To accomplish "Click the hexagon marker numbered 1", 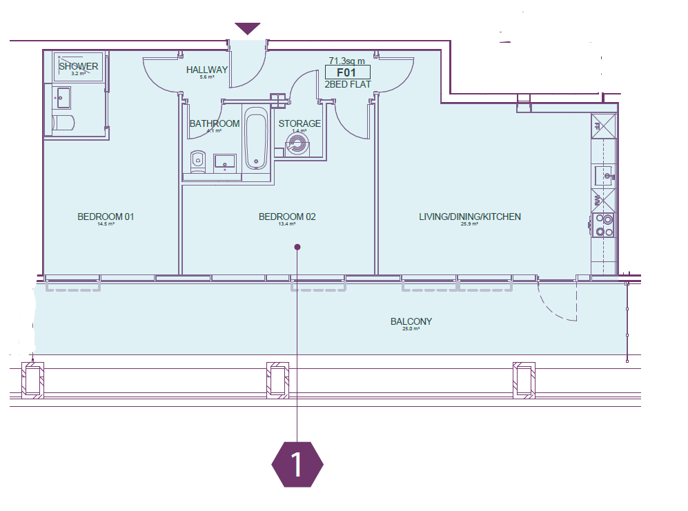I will click(x=297, y=465).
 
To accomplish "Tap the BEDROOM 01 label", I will click(x=106, y=217).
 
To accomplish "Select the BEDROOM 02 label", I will click(x=287, y=217).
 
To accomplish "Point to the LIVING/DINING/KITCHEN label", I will click(x=470, y=217).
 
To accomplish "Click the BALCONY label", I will click(x=411, y=322).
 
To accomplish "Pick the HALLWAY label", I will click(x=207, y=70).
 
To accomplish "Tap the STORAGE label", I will click(x=299, y=124).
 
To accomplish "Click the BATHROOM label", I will click(x=215, y=124).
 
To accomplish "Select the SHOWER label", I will click(x=78, y=67).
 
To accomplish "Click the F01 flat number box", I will click(x=348, y=72).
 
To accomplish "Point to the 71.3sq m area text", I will click(x=347, y=61).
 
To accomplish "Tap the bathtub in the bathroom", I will click(x=256, y=141).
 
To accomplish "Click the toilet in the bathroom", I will click(x=197, y=161).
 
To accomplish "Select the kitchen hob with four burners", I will click(x=604, y=226).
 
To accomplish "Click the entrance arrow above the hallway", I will click(x=247, y=28).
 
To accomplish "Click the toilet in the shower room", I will click(x=63, y=124).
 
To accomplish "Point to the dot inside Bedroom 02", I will click(x=297, y=246).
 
